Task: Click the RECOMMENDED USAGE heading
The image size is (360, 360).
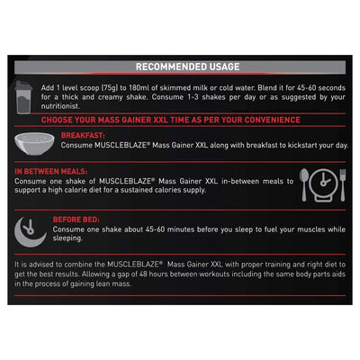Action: [188, 67]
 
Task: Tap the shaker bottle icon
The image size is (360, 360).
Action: [23, 97]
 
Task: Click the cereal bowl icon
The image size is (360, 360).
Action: [34, 144]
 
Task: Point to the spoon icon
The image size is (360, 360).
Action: [304, 184]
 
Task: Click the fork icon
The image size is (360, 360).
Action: [343, 184]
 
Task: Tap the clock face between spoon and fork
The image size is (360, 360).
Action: [324, 184]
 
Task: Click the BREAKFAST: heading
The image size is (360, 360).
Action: [83, 136]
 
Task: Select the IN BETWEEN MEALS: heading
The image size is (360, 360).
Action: [51, 172]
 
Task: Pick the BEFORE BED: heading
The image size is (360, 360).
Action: [76, 220]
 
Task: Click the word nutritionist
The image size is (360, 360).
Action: [60, 106]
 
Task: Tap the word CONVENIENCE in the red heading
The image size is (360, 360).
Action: [273, 120]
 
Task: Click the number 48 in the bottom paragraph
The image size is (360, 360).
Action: [143, 274]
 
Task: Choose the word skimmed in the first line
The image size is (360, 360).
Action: [175, 88]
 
